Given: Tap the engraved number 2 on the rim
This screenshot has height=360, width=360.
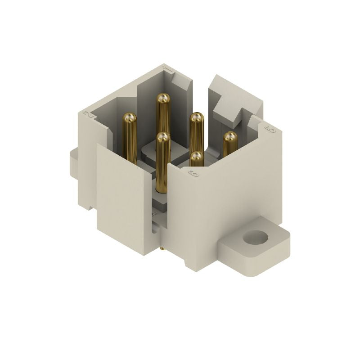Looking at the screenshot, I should [90, 114].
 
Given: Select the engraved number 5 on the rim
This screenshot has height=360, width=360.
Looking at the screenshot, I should [270, 130].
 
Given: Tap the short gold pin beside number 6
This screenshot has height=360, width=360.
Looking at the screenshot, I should [196, 159].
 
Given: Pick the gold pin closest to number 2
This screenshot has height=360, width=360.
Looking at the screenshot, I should [130, 135].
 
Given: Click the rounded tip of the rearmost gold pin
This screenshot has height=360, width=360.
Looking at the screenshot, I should [163, 99].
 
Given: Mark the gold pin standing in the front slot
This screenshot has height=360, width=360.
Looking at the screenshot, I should [162, 162].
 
